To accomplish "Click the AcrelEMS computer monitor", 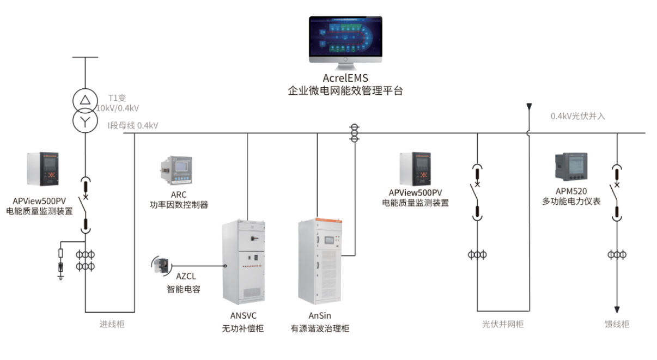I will [x=345, y=41].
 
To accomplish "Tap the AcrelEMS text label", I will [x=345, y=78].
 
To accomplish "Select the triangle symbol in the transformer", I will [x=84, y=100].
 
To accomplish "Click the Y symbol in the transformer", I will [x=84, y=121].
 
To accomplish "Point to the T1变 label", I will [x=117, y=98].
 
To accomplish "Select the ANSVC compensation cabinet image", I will [x=244, y=261].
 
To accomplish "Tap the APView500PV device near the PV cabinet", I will [x=415, y=169].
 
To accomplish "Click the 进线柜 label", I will [x=112, y=324].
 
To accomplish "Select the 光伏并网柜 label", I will [x=503, y=324].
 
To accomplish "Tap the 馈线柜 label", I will [x=617, y=324].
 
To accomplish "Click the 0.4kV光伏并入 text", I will [x=577, y=116].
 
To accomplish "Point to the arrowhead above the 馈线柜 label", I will [x=617, y=308].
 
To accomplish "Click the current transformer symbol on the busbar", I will [x=355, y=133].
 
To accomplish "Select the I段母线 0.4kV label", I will [x=133, y=126].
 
